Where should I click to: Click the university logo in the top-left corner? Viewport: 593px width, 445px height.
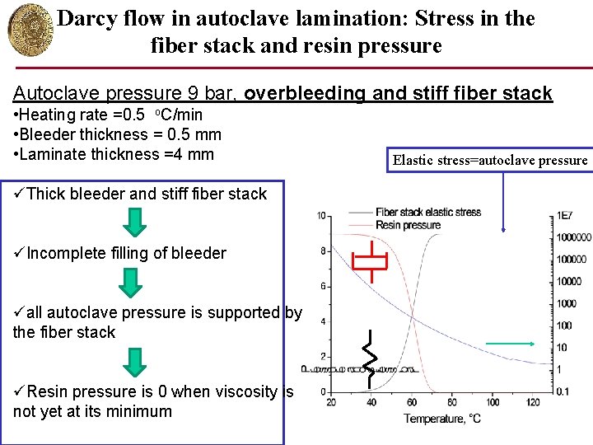[x=27, y=28]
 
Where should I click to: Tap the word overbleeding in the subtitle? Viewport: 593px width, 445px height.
[x=303, y=93]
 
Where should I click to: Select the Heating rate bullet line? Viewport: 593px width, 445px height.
[x=107, y=115]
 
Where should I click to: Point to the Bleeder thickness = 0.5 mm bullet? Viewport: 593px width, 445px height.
[x=117, y=134]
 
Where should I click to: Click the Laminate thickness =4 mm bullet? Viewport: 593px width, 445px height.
[x=113, y=154]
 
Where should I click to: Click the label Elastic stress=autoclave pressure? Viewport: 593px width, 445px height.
[x=490, y=160]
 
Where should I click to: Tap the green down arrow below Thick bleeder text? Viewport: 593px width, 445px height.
[x=132, y=222]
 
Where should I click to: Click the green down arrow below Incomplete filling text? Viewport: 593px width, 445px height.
[x=132, y=281]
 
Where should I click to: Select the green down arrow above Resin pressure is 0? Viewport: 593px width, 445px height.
[x=132, y=360]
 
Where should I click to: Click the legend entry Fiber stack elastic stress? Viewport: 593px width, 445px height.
[x=428, y=213]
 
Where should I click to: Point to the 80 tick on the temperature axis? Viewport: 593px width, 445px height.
[x=452, y=402]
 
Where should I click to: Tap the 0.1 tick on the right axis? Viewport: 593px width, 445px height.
[x=563, y=391]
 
